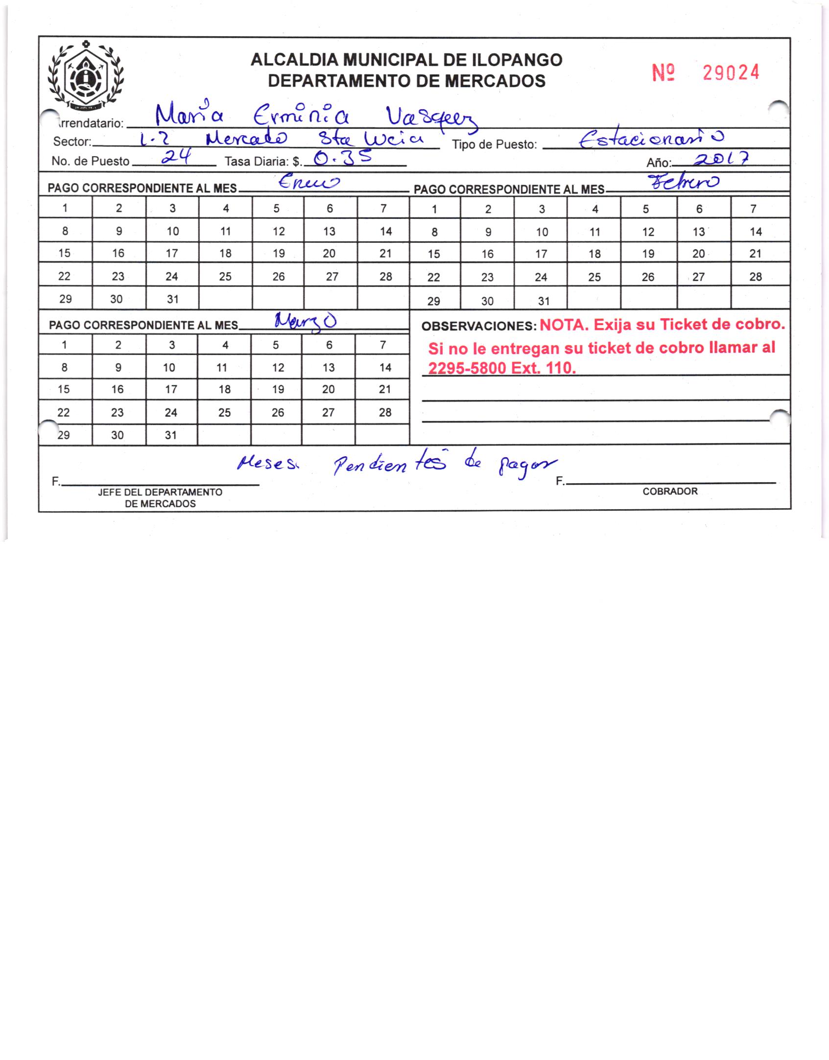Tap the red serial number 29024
pos(731,73)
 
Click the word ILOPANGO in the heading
pos(516,60)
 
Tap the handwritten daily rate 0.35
pos(342,158)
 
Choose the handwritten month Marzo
pos(305,321)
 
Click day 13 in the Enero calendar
pos(330,231)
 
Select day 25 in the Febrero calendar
pos(594,277)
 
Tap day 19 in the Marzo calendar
pos(278,389)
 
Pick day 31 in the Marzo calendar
pos(170,435)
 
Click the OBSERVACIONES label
pos(479,327)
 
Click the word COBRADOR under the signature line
pos(670,492)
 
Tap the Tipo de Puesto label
pos(495,145)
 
